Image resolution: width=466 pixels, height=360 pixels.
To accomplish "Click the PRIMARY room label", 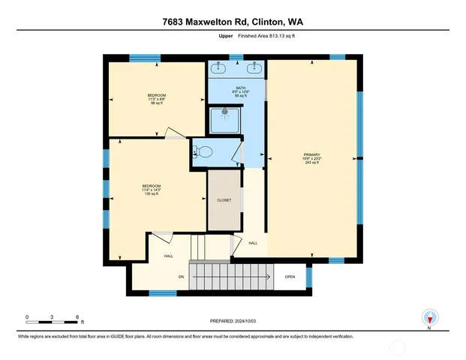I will (x=312, y=154).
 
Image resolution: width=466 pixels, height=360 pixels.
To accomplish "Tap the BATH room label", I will (x=240, y=88).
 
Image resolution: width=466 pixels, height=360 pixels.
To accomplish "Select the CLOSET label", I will (x=224, y=200).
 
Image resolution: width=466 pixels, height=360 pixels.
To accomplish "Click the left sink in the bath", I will (x=219, y=68).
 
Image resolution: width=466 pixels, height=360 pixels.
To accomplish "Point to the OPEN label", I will (x=290, y=276).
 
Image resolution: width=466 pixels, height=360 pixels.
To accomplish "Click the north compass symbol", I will (x=429, y=318).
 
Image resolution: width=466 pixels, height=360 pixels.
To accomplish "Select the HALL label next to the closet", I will (x=253, y=243).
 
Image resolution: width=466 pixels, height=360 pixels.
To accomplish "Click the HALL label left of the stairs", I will (x=170, y=256).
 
